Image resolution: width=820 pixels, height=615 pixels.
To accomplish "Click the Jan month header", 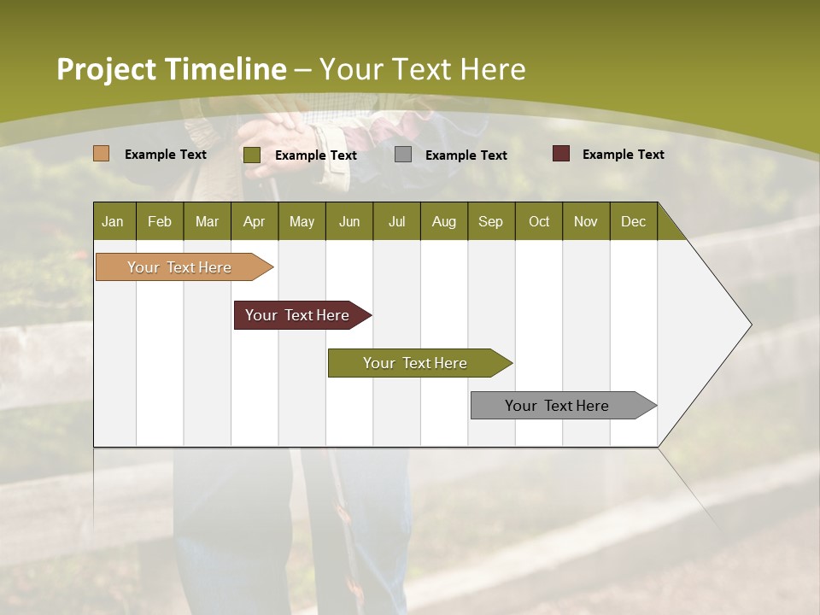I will [113, 221].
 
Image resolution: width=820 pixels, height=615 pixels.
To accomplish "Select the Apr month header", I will [254, 221].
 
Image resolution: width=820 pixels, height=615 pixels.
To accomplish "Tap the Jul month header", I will [396, 221].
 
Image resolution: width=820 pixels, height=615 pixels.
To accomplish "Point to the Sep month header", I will [490, 221].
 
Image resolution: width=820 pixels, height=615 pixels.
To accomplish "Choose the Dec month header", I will [633, 221].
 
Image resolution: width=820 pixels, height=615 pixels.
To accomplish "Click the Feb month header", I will [160, 221].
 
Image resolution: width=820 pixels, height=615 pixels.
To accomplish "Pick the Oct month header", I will [539, 221].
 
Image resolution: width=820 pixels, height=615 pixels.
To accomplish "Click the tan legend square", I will [102, 154].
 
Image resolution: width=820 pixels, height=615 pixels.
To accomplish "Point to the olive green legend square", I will [252, 155].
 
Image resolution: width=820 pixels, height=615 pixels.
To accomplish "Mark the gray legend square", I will [403, 155].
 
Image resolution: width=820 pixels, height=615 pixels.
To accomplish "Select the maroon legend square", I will [561, 154].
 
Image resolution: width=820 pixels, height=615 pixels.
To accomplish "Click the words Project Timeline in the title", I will [171, 69].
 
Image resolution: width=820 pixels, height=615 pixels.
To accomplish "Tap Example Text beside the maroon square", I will [623, 155].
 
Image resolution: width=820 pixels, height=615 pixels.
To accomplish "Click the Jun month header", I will [349, 221].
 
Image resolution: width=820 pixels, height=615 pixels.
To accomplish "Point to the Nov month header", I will [586, 221].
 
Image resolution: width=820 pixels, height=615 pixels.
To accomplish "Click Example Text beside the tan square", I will [165, 155].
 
